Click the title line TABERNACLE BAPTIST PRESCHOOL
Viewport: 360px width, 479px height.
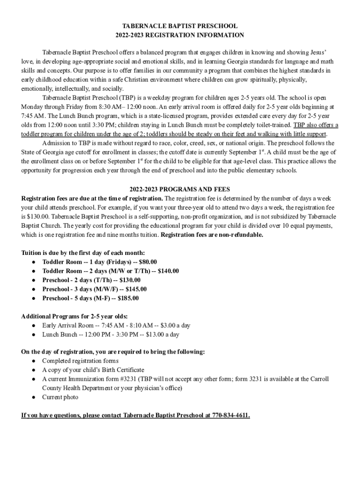[x=180, y=26]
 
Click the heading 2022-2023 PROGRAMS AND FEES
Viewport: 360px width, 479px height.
[x=180, y=189]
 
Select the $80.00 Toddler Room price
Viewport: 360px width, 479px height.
[x=148, y=262]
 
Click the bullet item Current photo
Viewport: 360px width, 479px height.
[x=60, y=397]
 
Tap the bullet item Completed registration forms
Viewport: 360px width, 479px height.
[x=80, y=361]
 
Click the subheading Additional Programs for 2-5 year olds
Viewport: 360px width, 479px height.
[x=75, y=316]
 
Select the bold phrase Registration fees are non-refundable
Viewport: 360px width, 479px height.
[x=212, y=234]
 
